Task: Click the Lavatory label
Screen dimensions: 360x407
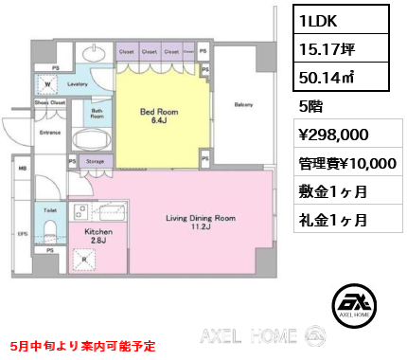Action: (x=78, y=83)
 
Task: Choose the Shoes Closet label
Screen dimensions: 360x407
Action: (x=48, y=101)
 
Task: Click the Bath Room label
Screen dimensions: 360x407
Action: (x=96, y=116)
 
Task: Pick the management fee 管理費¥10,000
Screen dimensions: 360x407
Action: (x=344, y=163)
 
